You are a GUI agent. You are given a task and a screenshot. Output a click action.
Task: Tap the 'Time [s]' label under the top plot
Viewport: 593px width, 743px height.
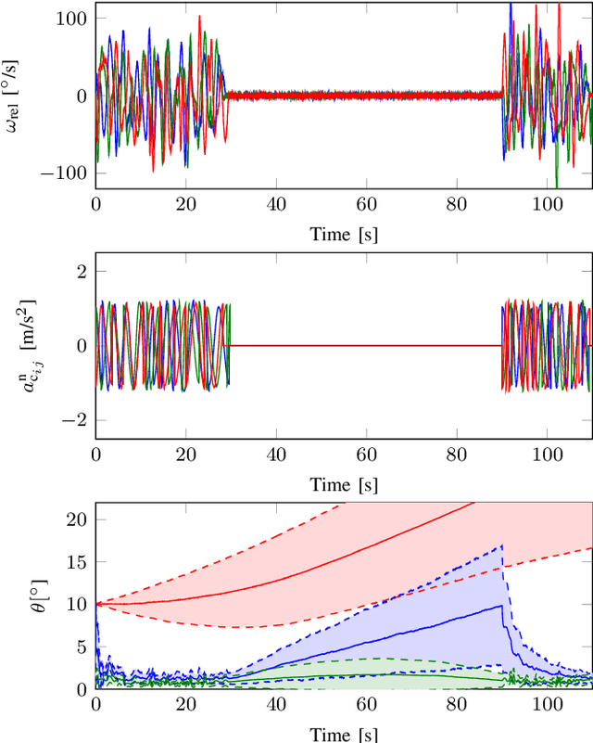tap(343, 234)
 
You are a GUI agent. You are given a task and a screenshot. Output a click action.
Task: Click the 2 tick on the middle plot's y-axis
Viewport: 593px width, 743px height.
tap(81, 270)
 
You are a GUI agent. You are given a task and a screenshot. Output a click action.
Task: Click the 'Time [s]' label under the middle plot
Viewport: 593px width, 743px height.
tap(343, 484)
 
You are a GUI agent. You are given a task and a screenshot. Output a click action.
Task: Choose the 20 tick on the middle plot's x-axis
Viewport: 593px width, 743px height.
tap(186, 455)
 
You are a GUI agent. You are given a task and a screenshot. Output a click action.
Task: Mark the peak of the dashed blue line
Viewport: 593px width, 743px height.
tap(501, 545)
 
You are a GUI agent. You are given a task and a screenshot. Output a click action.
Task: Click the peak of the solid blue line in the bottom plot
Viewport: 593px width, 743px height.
tap(501, 606)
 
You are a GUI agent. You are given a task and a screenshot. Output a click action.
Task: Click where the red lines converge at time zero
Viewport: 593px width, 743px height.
tap(96, 604)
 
